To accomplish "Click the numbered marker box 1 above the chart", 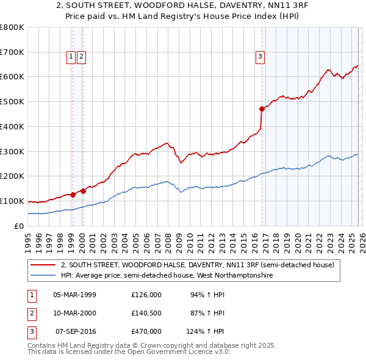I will tap(71, 57).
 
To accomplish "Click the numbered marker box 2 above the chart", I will tap(82, 57).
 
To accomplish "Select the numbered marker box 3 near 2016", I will tap(260, 57).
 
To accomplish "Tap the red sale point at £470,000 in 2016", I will tap(262, 109).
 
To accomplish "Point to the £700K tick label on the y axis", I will tap(12, 52).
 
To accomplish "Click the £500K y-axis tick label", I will tap(12, 101).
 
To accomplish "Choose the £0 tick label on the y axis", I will tap(18, 226).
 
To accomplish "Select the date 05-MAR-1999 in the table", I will tap(74, 295).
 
